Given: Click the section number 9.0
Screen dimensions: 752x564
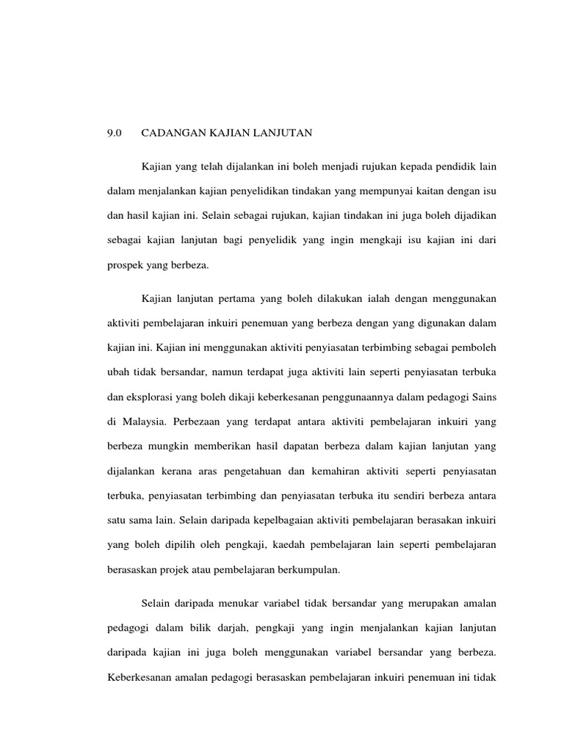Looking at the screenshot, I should (113, 133).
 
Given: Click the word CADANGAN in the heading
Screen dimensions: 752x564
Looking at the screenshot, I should (168, 133).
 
